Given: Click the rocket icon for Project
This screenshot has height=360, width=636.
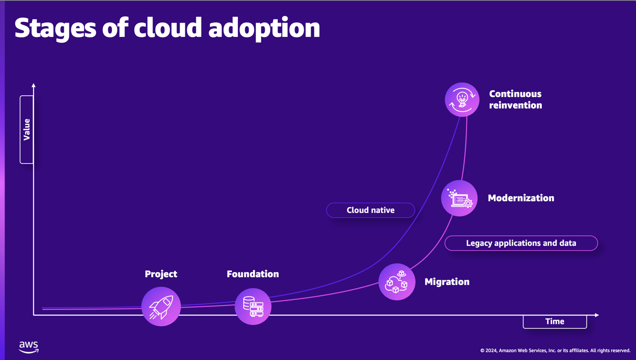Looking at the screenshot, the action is (161, 307).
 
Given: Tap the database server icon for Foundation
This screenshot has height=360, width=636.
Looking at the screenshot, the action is (253, 307).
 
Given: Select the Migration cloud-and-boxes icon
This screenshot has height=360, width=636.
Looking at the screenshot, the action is (397, 282).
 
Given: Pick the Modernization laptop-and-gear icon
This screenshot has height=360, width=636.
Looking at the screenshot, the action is (460, 198).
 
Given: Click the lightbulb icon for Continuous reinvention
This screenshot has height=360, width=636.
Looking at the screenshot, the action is (462, 100).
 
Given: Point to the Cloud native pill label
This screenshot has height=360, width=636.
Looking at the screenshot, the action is (370, 210).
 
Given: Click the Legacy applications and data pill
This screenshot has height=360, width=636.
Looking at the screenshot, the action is (521, 243).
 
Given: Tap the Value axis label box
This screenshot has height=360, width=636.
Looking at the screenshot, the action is (27, 129).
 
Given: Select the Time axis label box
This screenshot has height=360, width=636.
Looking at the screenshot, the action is (555, 321).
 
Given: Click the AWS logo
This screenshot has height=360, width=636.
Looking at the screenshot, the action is (29, 347).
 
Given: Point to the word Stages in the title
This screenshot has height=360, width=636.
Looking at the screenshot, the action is (55, 28).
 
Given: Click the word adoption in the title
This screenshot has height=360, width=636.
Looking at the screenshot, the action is (264, 28).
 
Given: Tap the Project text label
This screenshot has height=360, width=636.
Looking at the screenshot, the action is (161, 274).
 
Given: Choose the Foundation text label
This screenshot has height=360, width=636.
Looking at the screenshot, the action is (253, 274).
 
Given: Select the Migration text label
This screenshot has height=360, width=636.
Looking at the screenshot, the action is (447, 282).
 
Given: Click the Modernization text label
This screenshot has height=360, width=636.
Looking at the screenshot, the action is (521, 198).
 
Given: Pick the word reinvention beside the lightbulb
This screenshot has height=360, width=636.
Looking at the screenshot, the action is (516, 105).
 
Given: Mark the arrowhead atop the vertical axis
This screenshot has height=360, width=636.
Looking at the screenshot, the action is (33, 85).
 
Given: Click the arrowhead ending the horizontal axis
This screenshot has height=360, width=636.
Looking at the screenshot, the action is (597, 315).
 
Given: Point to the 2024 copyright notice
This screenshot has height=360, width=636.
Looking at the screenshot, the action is (555, 351).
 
